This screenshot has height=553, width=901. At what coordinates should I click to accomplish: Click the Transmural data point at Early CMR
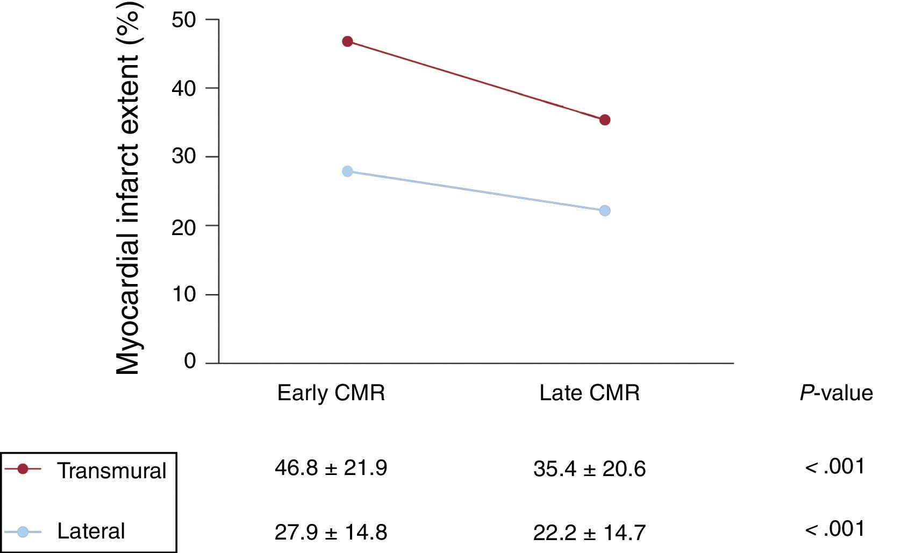pos(347,41)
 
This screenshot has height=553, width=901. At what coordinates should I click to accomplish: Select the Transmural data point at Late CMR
pos(605,120)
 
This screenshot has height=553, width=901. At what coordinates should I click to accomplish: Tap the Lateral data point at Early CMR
pos(347,171)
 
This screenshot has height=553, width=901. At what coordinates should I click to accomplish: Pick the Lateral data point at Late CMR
pos(605,210)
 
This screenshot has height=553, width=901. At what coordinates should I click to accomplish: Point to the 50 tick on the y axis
pos(184,20)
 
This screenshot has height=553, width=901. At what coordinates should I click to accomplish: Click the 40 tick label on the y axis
pos(184,88)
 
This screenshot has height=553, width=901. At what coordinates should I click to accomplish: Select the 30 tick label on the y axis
pos(184,157)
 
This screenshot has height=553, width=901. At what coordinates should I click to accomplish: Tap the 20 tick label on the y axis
pos(184,226)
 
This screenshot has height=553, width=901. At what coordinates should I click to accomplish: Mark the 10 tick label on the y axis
pos(184,295)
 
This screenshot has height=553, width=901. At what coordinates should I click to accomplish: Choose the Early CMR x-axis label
pos(331,393)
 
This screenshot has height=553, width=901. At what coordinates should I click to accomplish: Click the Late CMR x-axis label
pos(590,393)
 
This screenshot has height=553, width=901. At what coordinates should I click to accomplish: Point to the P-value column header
pos(836,393)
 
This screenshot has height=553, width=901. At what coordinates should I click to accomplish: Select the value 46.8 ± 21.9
pos(331,468)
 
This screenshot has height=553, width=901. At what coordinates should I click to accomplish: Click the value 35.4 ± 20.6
pos(590,469)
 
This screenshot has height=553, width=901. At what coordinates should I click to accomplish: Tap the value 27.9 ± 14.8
pos(331,533)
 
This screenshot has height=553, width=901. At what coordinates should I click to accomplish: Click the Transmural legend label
pos(112,471)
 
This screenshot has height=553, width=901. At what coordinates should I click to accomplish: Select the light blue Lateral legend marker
pos(23,532)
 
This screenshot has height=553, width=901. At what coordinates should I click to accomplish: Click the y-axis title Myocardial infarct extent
pos(129,188)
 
